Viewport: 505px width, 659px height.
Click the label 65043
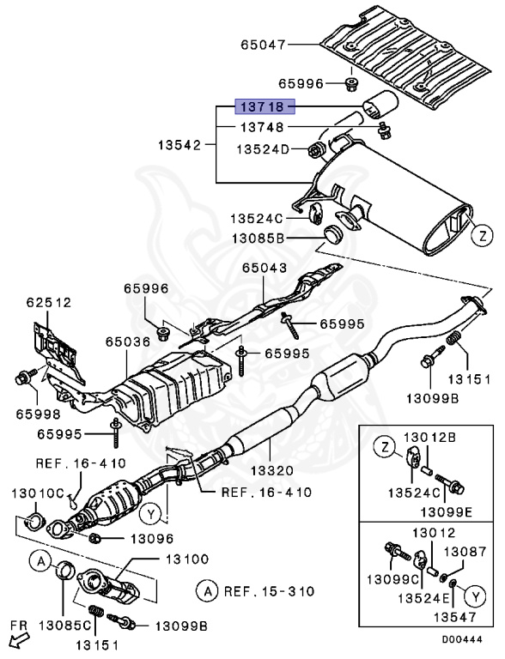tap(264, 268)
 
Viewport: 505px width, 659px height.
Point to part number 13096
tap(152, 539)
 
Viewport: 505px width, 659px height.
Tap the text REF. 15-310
tap(266, 590)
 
